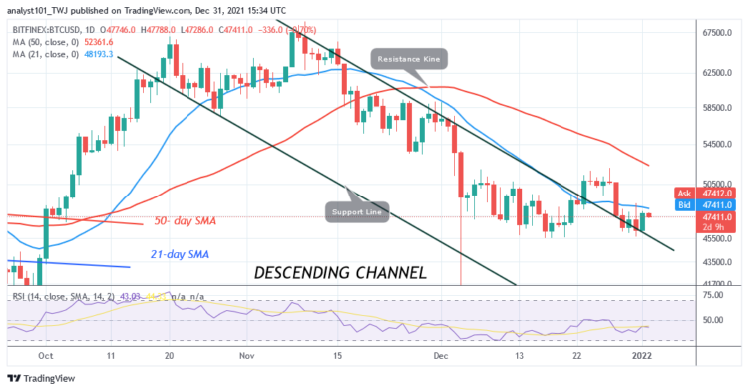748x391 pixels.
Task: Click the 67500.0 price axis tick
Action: [x=710, y=33]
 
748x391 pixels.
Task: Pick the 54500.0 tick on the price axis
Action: [x=710, y=144]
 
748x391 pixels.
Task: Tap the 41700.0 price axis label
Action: [x=710, y=284]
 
